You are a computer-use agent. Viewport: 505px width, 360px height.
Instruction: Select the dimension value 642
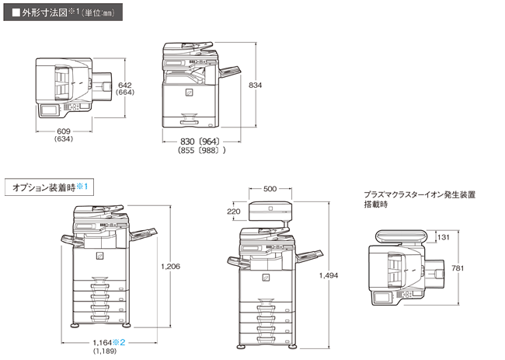125,85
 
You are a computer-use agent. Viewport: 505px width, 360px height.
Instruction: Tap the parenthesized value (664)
125,93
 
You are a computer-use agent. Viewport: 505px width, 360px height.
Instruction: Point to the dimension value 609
64,131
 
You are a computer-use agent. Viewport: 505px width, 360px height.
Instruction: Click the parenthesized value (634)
64,140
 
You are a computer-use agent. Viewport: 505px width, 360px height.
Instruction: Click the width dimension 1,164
103,341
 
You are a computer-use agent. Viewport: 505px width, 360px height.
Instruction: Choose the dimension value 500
270,189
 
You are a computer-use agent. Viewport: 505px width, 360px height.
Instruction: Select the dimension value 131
443,238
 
